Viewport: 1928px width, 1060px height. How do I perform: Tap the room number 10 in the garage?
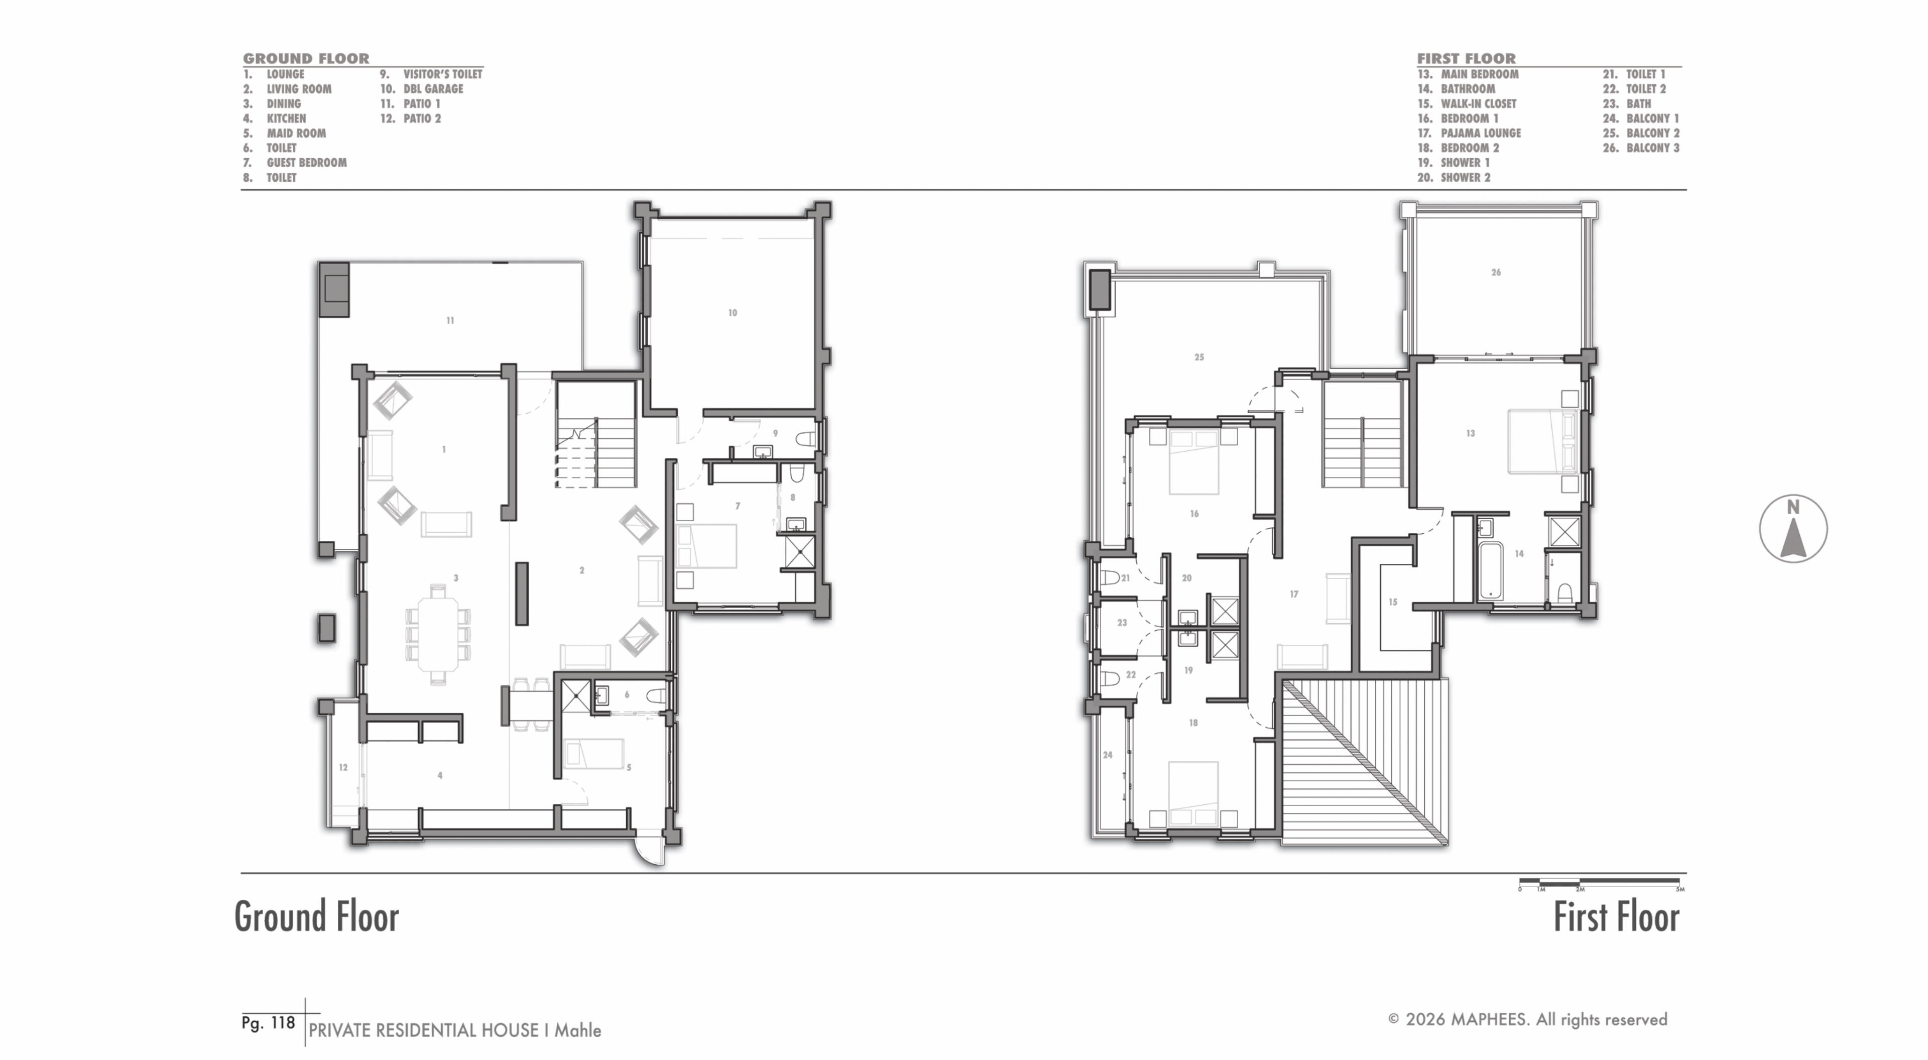point(733,313)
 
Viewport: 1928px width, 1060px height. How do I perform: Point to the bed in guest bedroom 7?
point(706,546)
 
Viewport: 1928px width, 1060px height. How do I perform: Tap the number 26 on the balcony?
point(1495,273)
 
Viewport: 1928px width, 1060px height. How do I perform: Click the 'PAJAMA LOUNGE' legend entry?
point(1481,133)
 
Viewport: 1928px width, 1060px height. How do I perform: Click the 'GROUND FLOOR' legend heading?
point(306,58)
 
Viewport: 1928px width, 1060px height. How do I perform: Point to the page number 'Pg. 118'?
point(268,1022)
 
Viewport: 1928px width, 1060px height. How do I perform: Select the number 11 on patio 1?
point(450,320)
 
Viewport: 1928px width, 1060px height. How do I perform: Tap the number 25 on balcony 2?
point(1199,357)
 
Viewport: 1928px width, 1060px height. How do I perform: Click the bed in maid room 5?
point(593,754)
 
